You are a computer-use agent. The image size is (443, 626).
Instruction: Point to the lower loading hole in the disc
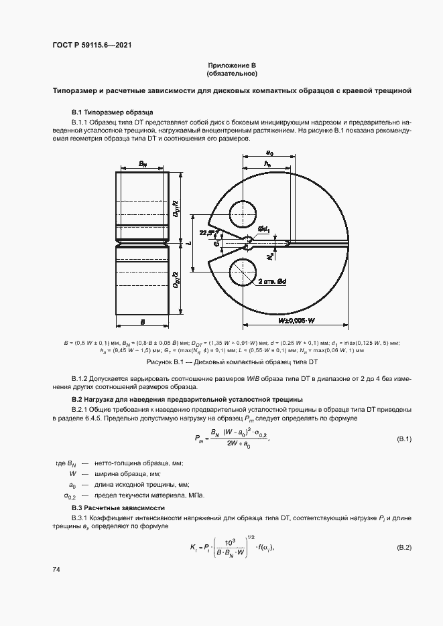click(243, 274)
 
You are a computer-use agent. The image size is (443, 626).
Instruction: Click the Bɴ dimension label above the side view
click(143, 163)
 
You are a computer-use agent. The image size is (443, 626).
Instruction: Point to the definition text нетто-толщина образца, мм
click(136, 463)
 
